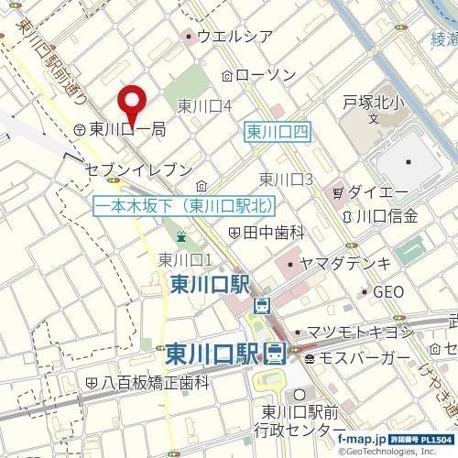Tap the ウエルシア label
[x=234, y=37]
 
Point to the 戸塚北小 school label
[x=373, y=102]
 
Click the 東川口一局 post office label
[x=127, y=130]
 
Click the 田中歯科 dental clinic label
[x=272, y=233]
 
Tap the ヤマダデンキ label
[x=345, y=264]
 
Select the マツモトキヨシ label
[x=357, y=332]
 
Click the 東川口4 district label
[x=203, y=105]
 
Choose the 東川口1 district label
[x=185, y=259]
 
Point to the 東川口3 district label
[x=287, y=179]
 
